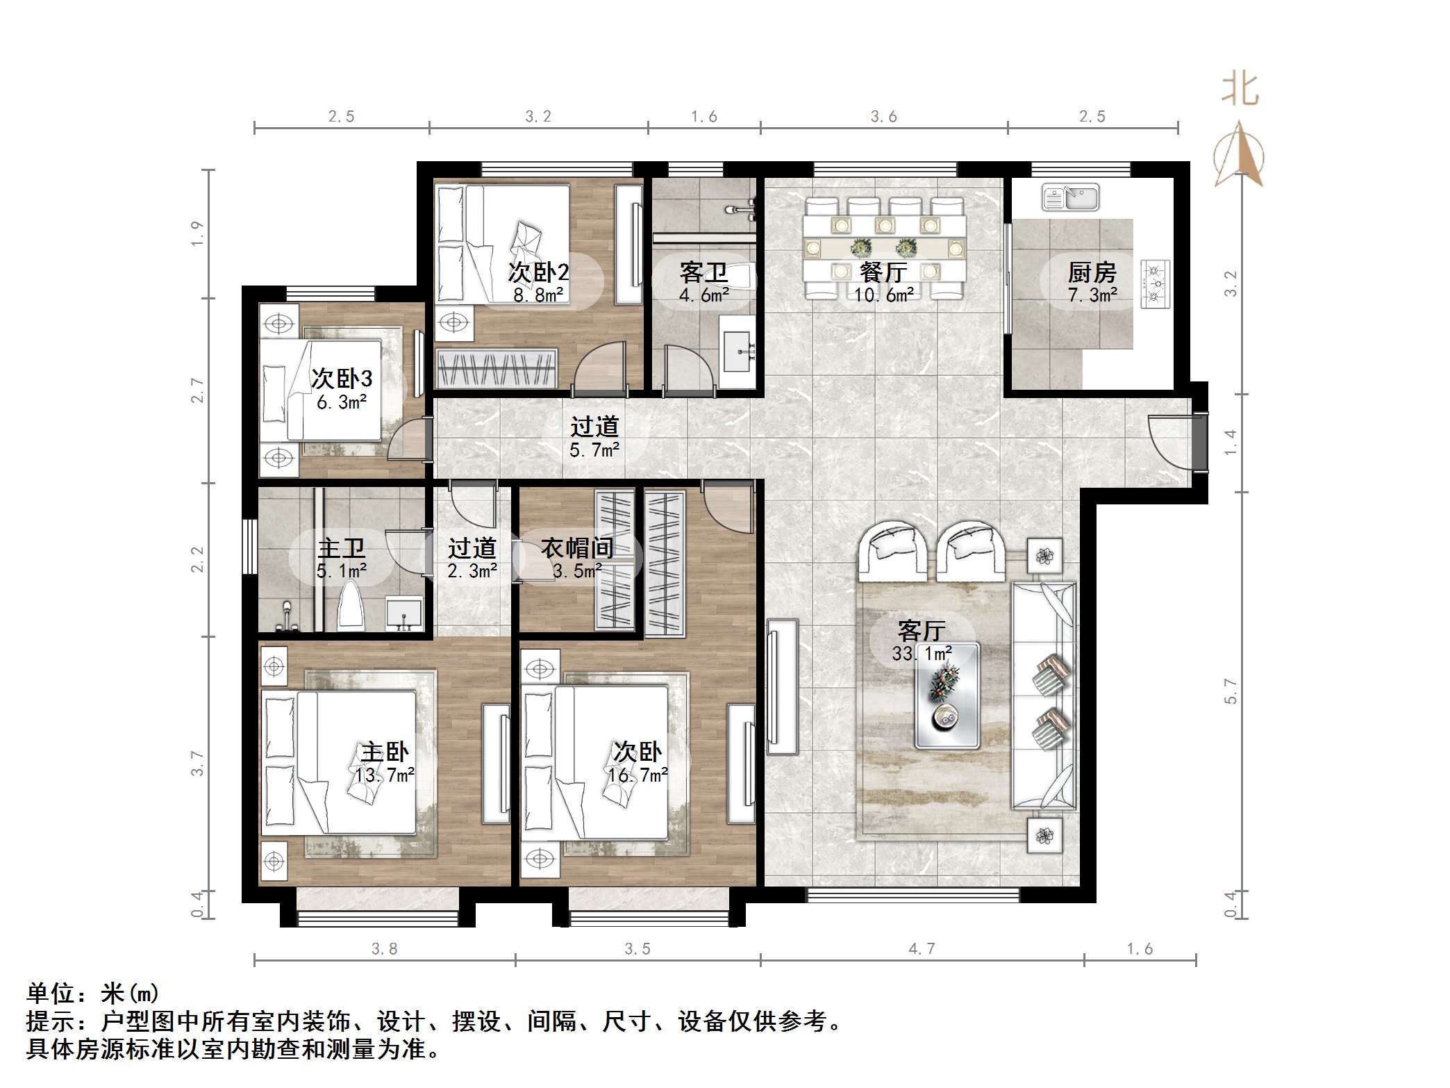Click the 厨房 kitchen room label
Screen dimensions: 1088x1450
[x=1092, y=272]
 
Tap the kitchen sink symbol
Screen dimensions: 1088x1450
[x=1070, y=197]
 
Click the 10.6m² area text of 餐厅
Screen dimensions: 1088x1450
[x=883, y=295]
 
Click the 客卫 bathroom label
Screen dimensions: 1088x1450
[x=703, y=272]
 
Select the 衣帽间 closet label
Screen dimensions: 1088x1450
[x=577, y=548]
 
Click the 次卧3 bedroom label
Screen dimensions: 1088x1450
[x=341, y=379]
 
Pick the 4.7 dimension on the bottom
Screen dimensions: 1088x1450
[x=922, y=949]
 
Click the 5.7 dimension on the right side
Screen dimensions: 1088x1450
[x=1231, y=691]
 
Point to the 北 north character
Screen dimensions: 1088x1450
[x=1240, y=91]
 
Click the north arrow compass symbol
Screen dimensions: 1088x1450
[x=1239, y=156]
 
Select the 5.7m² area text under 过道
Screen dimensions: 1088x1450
[x=594, y=450]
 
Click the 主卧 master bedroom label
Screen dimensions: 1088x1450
[x=385, y=752]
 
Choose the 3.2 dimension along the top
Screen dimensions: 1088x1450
[x=538, y=117]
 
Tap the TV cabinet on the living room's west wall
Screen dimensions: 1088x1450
[x=782, y=686]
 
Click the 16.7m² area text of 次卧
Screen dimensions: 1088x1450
[x=638, y=775]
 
